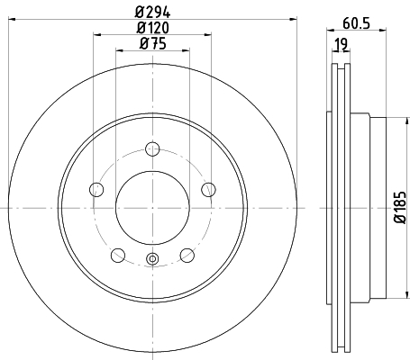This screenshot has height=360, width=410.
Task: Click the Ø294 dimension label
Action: coord(152,13)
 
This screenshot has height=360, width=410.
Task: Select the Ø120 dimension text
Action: coord(152,28)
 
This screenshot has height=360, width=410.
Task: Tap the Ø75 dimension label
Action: coord(152,44)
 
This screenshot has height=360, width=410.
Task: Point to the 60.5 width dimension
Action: coord(356,23)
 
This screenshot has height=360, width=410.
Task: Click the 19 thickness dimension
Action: coord(342,44)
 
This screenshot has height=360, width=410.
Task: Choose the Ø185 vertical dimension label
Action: coord(400,207)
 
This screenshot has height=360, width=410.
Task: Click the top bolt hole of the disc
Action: coord(152,149)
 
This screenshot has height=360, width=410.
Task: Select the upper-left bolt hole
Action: coord(96,190)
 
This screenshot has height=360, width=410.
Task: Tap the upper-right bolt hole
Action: coord(208,190)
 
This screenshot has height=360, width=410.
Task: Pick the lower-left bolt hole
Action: coord(118,256)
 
